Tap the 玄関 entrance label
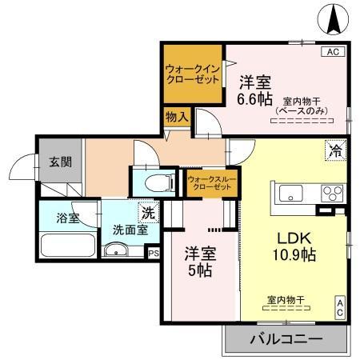[60, 162]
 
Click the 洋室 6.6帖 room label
[258, 90]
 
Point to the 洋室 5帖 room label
[198, 262]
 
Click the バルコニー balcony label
[286, 338]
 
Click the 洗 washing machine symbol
[148, 214]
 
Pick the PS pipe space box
[153, 251]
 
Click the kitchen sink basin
[290, 192]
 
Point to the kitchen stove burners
[330, 192]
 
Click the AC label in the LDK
[340, 306]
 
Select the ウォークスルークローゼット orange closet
[210, 182]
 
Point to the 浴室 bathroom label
[68, 218]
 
